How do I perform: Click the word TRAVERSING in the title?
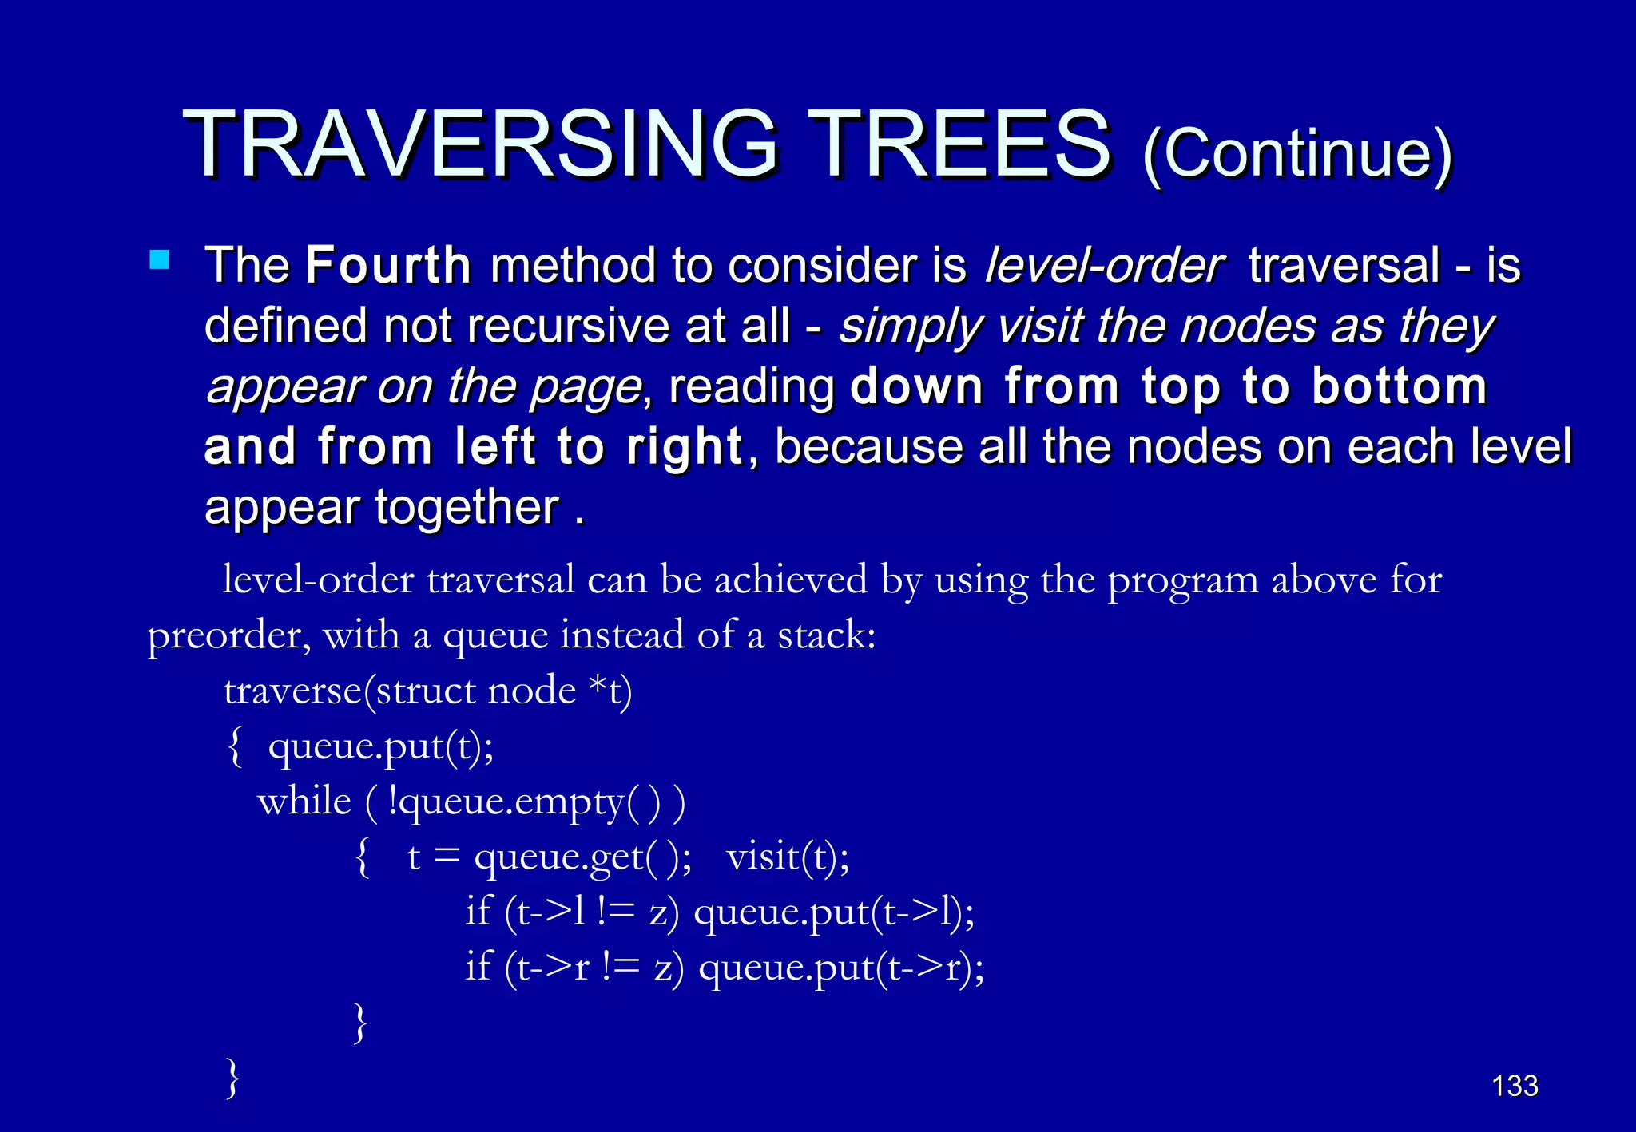(479, 145)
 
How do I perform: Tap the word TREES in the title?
(959, 145)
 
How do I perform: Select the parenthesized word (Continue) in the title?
(1297, 153)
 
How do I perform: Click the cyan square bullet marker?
(160, 260)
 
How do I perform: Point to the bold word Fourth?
(388, 266)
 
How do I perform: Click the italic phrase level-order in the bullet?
(1104, 266)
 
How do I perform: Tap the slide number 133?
(1515, 1086)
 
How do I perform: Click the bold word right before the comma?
(685, 447)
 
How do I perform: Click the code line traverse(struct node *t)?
(427, 691)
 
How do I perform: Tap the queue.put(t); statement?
(380, 747)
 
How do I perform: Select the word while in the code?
(304, 802)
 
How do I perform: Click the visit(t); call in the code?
(788, 857)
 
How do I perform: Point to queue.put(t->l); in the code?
(834, 912)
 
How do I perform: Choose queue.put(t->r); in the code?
(840, 968)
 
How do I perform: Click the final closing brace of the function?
(232, 1079)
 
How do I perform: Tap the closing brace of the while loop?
(360, 1023)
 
